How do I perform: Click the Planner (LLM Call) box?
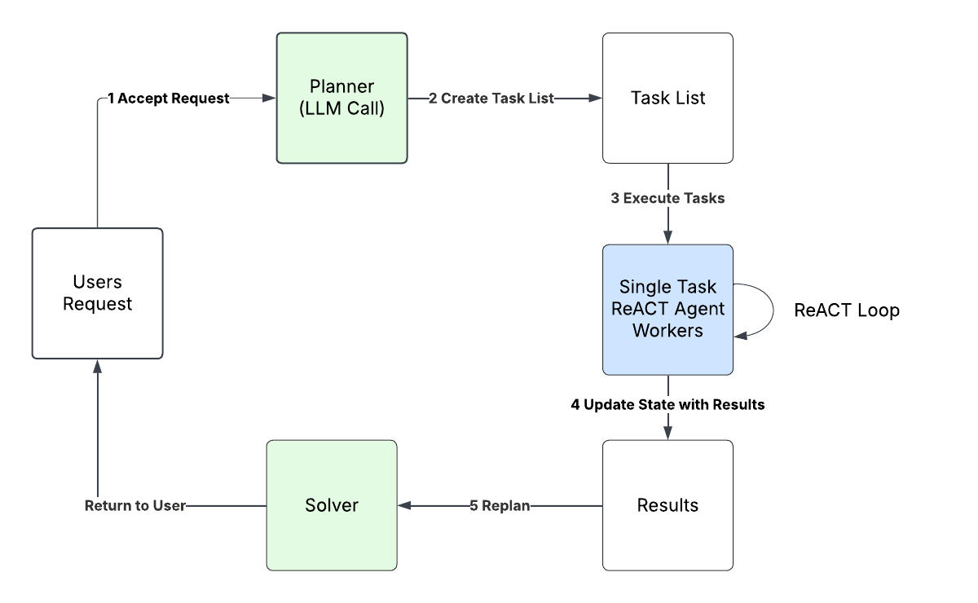point(341,98)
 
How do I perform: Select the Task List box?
point(667,98)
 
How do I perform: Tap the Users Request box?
point(97,293)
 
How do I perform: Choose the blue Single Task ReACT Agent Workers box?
point(667,310)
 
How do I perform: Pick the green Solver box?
point(332,505)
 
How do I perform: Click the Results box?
point(667,505)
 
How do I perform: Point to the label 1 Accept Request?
point(169,99)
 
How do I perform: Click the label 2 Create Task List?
point(491,99)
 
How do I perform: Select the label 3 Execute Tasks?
point(667,198)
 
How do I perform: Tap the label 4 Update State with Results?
point(667,404)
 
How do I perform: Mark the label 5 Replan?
point(500,506)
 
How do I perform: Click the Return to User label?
point(135,506)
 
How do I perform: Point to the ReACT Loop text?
point(847,310)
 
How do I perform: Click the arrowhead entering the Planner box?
point(269,99)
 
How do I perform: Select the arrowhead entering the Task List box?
point(595,99)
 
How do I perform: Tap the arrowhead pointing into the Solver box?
point(405,506)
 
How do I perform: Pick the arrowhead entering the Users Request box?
point(97,367)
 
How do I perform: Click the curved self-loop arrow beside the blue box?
point(773,309)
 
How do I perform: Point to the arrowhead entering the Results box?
point(667,433)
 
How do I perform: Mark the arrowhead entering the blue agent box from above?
point(667,237)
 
